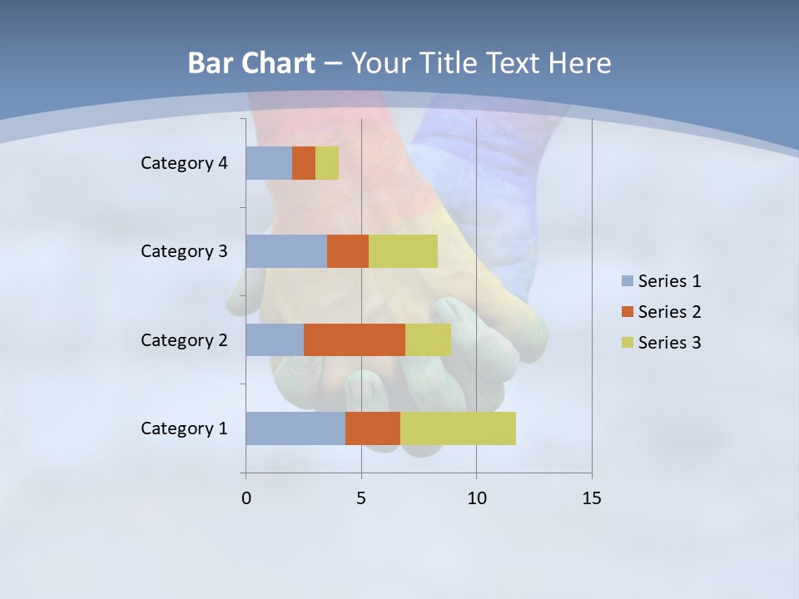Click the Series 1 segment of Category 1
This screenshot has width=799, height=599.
[x=295, y=428]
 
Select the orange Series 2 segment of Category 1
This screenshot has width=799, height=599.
[x=373, y=428]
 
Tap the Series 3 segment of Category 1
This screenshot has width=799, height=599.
[x=458, y=428]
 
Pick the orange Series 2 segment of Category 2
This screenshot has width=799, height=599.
[x=355, y=339]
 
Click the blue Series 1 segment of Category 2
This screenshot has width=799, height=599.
[x=275, y=339]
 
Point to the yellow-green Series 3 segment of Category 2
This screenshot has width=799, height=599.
[x=428, y=339]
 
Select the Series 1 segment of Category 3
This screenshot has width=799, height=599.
[x=286, y=251]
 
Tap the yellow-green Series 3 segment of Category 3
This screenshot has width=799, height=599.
[x=403, y=251]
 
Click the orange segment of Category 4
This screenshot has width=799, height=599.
[x=304, y=163]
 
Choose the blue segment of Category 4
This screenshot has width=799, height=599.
[x=269, y=163]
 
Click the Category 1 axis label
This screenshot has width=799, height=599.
[x=184, y=428]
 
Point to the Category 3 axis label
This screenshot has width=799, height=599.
[x=184, y=251]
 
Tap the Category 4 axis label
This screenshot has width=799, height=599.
[x=184, y=163]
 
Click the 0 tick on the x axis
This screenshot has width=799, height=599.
[x=246, y=498]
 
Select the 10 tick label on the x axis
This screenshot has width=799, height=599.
[x=476, y=498]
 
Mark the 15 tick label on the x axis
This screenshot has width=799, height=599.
[x=591, y=498]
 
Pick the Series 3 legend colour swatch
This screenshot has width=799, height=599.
[x=627, y=343]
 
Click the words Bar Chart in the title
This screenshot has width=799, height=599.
[x=251, y=63]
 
